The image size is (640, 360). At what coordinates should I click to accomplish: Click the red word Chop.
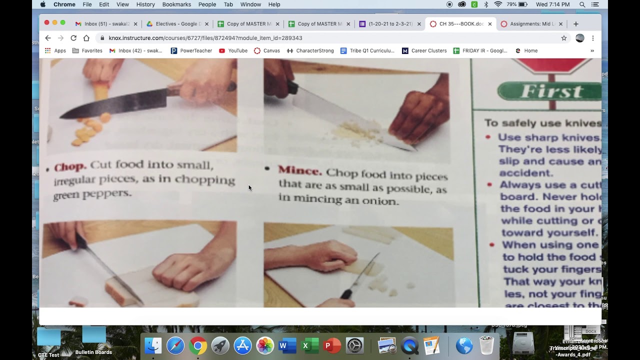[x=70, y=166]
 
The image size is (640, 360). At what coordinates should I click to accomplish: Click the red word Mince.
[x=300, y=170]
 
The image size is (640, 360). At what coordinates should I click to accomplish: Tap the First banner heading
[x=551, y=91]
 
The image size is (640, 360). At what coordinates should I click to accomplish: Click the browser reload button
[x=73, y=38]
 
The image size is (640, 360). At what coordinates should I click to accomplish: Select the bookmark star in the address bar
[x=564, y=38]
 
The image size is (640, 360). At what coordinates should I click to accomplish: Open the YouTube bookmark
[x=233, y=50]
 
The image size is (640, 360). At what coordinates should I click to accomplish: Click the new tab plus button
[x=576, y=23]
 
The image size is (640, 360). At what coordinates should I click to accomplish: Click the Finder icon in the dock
[x=153, y=345]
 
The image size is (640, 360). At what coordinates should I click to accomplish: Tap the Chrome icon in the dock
[x=198, y=345]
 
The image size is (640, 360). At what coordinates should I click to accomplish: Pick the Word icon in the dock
[x=287, y=345]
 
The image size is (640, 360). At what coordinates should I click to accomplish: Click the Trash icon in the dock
[x=486, y=345]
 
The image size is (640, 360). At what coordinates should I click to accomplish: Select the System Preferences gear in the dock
[x=354, y=345]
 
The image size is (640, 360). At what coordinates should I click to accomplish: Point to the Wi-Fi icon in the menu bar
[x=498, y=4]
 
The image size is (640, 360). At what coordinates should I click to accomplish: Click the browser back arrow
[x=48, y=38]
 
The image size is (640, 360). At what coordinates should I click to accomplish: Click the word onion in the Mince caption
[x=382, y=201]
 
